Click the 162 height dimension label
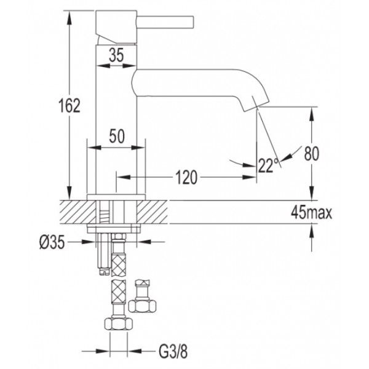(x=69, y=105)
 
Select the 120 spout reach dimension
(x=186, y=177)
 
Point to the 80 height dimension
(x=312, y=153)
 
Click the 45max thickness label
(x=311, y=213)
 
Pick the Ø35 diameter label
(x=52, y=242)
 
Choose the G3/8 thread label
(x=173, y=352)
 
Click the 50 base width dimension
(x=117, y=136)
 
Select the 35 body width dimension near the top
(x=116, y=55)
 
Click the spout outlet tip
(x=256, y=105)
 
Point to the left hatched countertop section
(x=77, y=212)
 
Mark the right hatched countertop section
(x=152, y=212)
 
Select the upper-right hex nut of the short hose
(x=143, y=306)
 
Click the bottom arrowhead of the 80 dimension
(x=312, y=193)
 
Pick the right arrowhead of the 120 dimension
(x=249, y=177)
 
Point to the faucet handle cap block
(x=116, y=27)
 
